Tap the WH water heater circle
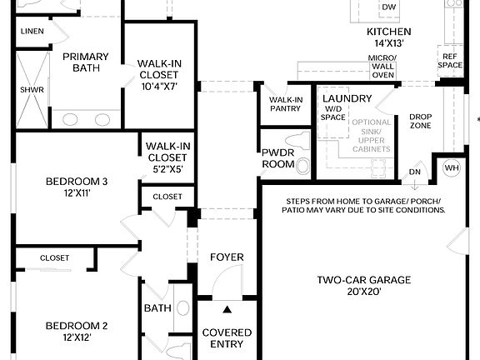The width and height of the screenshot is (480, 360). [x=452, y=167]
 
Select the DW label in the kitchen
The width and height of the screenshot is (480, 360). [x=388, y=7]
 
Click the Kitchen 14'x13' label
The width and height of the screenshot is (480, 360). [x=389, y=37]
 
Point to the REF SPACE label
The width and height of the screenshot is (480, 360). [x=451, y=60]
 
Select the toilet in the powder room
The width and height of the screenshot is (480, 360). [x=296, y=143]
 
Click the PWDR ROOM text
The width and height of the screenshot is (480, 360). [x=278, y=158]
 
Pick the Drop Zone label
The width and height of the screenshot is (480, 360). [x=420, y=122]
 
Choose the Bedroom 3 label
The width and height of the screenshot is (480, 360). [x=77, y=187]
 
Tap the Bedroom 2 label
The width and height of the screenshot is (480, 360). [x=77, y=331]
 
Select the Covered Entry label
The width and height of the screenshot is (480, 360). [x=227, y=338]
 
